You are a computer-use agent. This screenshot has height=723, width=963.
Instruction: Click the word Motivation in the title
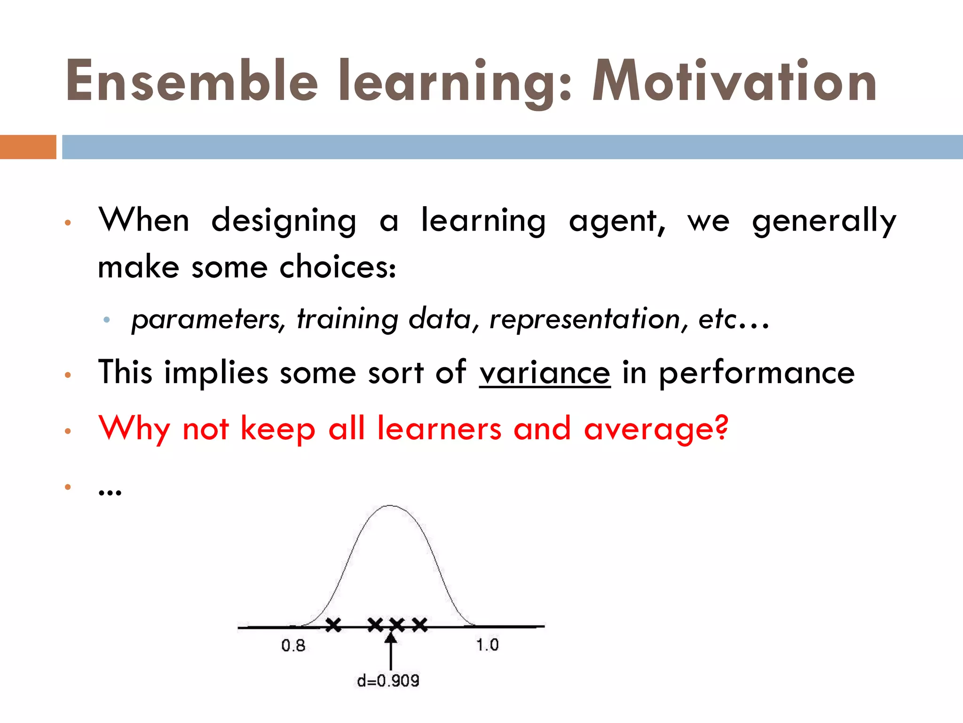click(734, 81)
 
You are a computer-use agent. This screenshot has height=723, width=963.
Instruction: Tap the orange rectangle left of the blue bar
click(28, 147)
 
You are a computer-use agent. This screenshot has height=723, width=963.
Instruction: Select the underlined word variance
click(545, 373)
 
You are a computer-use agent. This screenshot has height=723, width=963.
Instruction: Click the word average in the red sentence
click(656, 429)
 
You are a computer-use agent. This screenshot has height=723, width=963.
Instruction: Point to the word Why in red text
click(134, 429)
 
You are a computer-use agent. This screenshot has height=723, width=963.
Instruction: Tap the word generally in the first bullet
click(824, 221)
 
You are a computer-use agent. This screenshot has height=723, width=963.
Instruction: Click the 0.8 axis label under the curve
click(293, 645)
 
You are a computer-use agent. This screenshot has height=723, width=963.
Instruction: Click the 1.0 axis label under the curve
click(487, 645)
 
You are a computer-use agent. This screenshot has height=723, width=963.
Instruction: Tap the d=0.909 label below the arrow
click(388, 681)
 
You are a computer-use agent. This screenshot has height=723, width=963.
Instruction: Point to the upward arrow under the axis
click(391, 652)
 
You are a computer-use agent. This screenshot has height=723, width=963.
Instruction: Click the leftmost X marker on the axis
click(333, 625)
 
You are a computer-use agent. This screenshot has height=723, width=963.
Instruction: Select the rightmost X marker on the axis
click(420, 625)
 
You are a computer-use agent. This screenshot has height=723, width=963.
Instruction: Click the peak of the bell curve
click(390, 506)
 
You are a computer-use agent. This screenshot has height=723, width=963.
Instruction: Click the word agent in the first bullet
click(616, 221)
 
